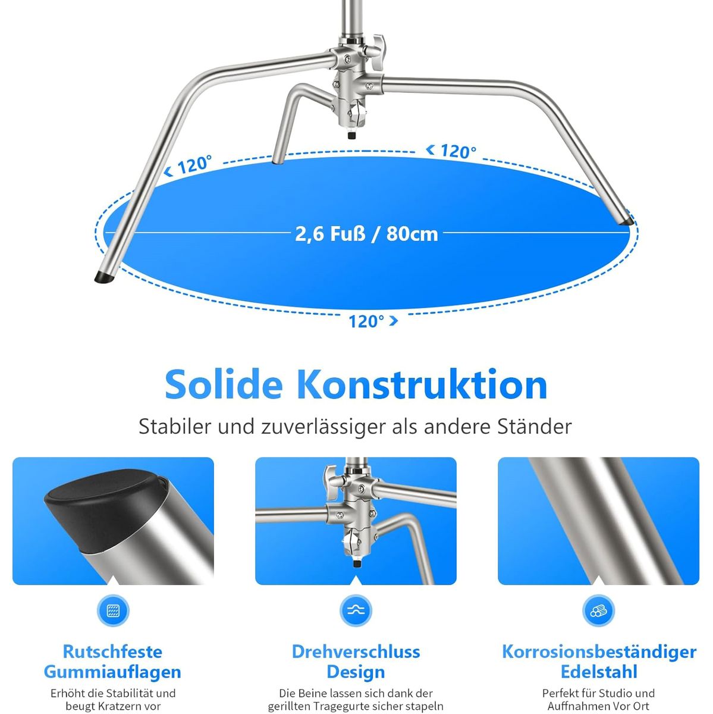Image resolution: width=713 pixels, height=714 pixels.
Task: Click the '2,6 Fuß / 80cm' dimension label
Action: pos(366,234)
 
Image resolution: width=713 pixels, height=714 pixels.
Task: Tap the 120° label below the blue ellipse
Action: pos(366,321)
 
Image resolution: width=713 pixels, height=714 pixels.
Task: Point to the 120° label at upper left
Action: pos(194,164)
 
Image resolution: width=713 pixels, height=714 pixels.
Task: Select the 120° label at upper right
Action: pos(458,151)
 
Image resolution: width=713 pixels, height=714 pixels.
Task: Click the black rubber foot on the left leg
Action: pos(105,277)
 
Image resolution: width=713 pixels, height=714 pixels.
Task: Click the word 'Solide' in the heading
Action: pos(224,384)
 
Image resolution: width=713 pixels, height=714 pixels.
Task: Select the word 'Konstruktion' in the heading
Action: pos(422,384)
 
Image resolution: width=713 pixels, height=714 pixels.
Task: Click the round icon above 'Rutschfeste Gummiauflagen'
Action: pos(113,610)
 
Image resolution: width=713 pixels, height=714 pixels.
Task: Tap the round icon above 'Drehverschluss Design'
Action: pos(356,610)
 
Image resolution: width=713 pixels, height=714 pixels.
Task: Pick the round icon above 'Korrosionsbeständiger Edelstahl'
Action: pos(599,610)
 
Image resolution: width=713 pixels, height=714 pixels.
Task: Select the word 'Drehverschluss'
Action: pos(356,652)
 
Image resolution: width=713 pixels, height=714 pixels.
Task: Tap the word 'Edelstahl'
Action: pos(599,672)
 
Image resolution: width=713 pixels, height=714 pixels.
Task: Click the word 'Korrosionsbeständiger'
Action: pos(599,652)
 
